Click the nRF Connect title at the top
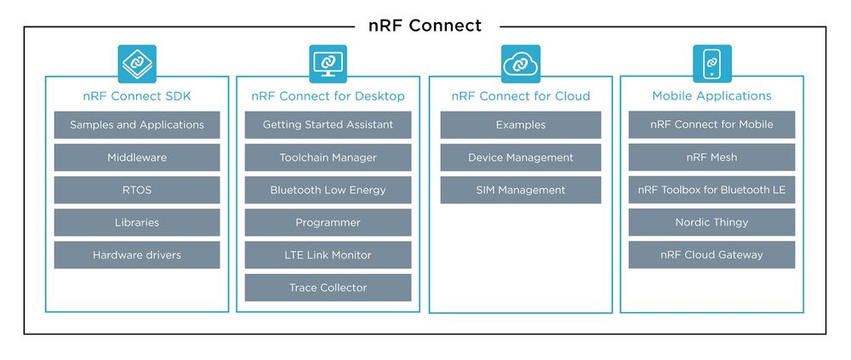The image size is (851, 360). point(425,26)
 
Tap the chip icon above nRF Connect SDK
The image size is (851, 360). point(137,63)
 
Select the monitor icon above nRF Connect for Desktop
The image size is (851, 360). point(328,63)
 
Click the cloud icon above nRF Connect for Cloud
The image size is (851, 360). point(520,63)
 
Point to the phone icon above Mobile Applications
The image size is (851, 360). point(711,63)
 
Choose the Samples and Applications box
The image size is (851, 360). point(137,125)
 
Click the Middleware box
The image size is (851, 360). point(137,157)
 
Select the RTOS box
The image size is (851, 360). point(137,190)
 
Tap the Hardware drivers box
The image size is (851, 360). point(137,254)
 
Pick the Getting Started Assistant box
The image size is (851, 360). point(328,125)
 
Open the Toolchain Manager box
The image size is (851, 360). point(328,157)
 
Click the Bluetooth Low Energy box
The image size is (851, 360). point(328,190)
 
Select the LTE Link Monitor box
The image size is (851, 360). point(328,254)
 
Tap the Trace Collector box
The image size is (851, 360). point(328,288)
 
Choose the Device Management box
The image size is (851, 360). point(520,157)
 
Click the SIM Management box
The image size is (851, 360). point(520,190)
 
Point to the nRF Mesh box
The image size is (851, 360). point(711,157)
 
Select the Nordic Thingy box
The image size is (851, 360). point(711,222)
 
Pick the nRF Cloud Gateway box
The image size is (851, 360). point(711,254)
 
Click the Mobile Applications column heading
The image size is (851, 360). point(711,96)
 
